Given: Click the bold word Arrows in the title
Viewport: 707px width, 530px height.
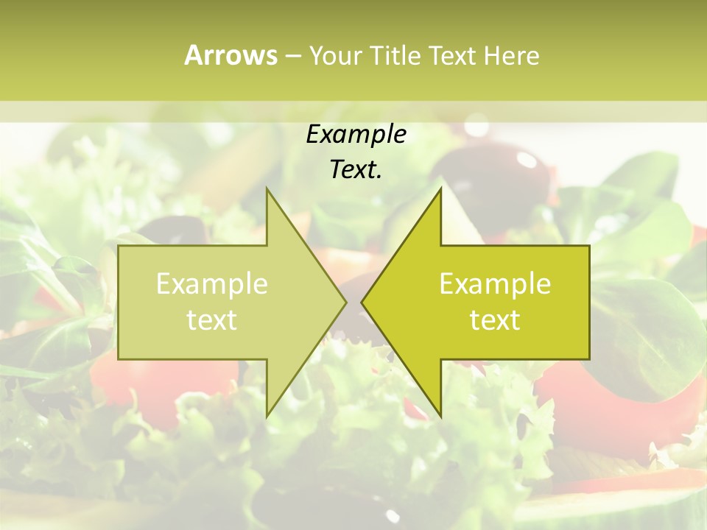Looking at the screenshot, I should point(231,55).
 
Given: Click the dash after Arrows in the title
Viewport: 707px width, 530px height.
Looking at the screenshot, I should point(292,56).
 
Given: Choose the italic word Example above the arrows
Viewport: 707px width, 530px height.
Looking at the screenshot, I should point(356,134).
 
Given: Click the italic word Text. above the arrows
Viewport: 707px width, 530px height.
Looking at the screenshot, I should point(356,169).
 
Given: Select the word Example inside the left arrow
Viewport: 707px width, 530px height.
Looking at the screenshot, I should point(212,284).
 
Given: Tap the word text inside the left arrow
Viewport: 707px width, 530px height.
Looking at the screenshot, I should point(212,320).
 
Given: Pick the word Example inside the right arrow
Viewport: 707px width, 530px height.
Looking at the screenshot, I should point(495,284).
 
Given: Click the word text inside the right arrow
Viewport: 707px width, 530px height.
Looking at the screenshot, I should point(495,320).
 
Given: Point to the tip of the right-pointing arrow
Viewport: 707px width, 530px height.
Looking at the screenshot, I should point(345,302).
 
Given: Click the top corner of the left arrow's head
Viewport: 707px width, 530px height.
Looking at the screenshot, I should point(267,188).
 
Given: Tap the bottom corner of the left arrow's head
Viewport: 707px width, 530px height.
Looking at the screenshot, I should point(267,416).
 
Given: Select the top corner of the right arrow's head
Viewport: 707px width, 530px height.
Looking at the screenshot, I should point(440,188).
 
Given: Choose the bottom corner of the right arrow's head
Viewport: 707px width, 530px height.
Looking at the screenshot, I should point(440,416).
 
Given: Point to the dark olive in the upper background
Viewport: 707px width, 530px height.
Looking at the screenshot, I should point(516,177).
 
